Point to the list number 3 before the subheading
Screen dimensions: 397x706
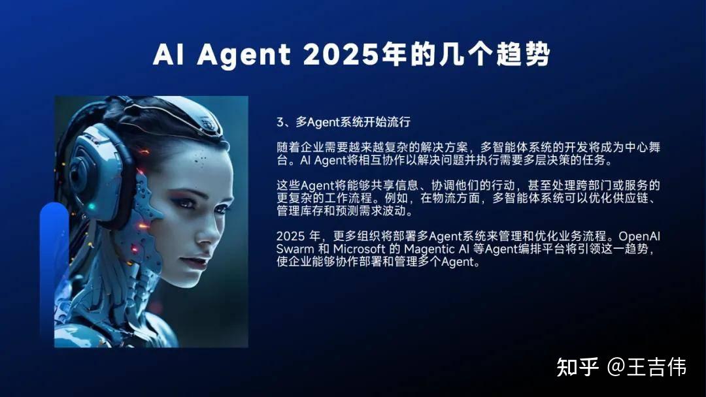pos(280,123)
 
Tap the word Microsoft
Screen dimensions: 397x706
pos(360,249)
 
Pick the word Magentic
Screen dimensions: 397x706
pos(428,249)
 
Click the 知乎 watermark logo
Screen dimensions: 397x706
pos(578,367)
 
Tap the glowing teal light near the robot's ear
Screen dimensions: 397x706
pos(92,208)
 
